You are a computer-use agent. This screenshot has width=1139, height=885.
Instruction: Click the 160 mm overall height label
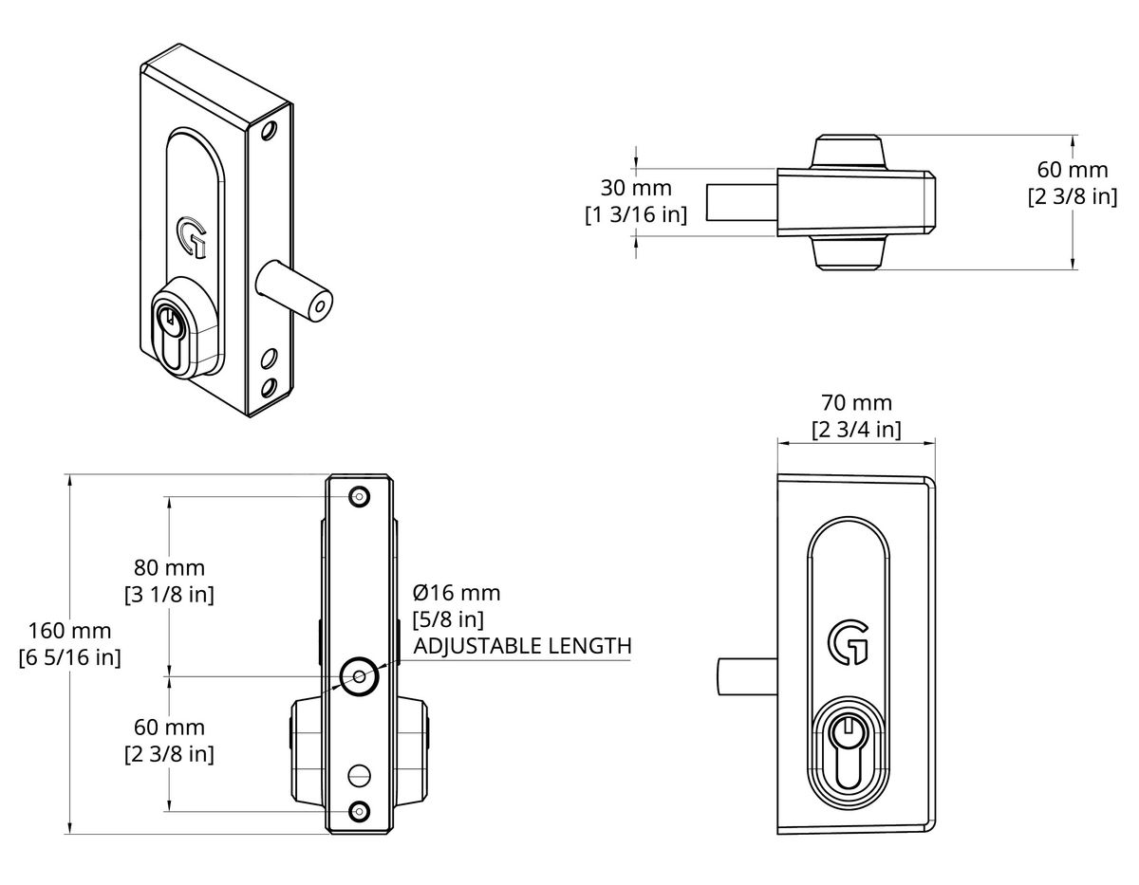[69, 631]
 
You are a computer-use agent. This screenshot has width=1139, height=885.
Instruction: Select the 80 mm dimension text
[169, 568]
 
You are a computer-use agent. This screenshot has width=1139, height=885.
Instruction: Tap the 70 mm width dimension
[856, 403]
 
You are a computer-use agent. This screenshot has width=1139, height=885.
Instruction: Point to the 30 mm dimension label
[635, 188]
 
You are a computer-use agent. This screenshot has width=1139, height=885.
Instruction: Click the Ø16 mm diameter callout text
[456, 594]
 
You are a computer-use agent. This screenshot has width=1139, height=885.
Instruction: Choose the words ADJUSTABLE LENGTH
[522, 647]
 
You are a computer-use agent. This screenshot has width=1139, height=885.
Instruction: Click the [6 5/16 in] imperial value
[69, 657]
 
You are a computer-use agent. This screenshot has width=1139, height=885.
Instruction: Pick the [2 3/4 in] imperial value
[856, 430]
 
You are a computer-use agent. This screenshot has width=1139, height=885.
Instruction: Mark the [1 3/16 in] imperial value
[635, 214]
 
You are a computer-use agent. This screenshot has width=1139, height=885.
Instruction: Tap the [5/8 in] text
[449, 620]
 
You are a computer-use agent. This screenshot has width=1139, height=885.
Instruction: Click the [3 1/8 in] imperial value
[169, 595]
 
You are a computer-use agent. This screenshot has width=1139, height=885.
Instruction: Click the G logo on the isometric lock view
[191, 236]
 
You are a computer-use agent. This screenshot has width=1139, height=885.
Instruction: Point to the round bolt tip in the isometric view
[321, 306]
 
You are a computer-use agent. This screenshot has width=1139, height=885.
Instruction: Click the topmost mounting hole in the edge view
[359, 496]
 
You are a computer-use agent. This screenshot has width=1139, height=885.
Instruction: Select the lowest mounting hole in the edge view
[359, 811]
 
